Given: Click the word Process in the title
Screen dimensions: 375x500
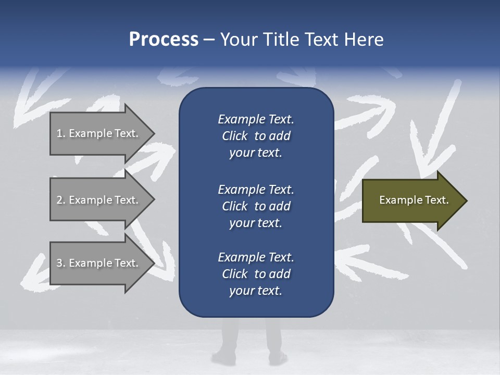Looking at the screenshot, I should point(164,40).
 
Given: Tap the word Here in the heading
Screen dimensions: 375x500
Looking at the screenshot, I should point(363,40).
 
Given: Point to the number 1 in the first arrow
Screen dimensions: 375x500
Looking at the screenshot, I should point(59,133).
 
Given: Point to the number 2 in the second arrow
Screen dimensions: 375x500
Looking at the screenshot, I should point(59,200).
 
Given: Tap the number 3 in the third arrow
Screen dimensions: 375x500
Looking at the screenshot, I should point(59,263).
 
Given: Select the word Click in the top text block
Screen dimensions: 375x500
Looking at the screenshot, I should point(234,136).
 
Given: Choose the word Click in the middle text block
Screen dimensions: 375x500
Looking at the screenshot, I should point(234,206).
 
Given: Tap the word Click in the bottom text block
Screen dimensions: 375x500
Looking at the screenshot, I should point(234,274).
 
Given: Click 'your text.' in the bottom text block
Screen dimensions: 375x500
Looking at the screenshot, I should point(256,291).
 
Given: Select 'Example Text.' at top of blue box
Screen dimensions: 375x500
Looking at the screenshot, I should point(256,119).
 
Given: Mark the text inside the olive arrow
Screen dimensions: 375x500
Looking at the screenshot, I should point(414,200).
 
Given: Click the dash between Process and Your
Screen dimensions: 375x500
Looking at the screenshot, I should point(209,40).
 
